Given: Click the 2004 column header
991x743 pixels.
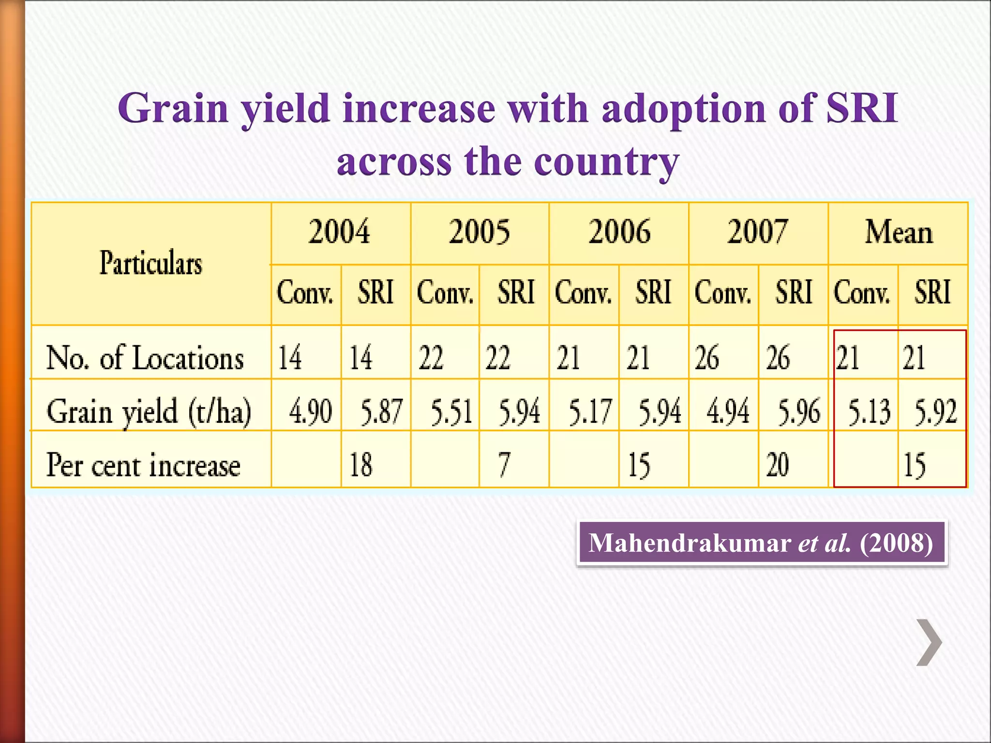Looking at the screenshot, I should point(340,232).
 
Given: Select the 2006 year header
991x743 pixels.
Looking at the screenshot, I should point(619,232).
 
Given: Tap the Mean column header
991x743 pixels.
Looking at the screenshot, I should point(899,232).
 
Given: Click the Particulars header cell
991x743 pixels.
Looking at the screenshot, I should point(150,263).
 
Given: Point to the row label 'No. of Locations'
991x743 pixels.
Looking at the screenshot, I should point(145,358).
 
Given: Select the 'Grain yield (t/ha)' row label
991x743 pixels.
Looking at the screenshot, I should point(149,412).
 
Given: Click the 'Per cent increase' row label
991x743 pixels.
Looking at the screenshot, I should point(143,465).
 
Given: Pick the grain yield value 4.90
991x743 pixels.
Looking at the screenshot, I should point(310,412).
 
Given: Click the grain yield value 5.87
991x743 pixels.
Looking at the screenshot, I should point(381,412).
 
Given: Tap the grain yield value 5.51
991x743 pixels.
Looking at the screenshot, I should point(451,412).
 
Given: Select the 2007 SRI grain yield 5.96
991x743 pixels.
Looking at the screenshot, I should point(798,412).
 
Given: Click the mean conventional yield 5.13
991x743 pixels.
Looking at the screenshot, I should point(869,412).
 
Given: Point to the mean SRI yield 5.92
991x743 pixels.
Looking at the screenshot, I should point(935,412).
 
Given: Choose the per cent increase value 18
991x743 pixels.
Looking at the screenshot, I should point(360,465).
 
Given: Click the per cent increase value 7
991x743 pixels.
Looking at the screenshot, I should point(504,465).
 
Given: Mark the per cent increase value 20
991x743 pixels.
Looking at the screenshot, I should point(777,465).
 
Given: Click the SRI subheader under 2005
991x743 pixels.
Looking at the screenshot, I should point(516,292).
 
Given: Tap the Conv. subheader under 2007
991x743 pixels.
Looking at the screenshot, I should point(723,293).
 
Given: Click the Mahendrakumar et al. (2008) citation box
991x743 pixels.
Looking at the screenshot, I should point(761,543).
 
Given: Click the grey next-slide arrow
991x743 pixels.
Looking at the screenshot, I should point(929,642).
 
